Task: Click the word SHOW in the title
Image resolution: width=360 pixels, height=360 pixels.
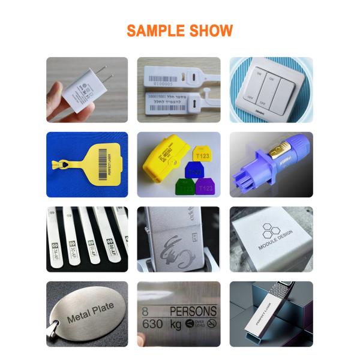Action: click(x=211, y=31)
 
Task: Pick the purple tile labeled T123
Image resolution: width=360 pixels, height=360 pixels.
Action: click(x=205, y=187)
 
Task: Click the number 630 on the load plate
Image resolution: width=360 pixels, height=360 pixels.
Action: click(x=154, y=325)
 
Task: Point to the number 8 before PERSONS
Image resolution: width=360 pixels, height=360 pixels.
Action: click(x=145, y=311)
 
